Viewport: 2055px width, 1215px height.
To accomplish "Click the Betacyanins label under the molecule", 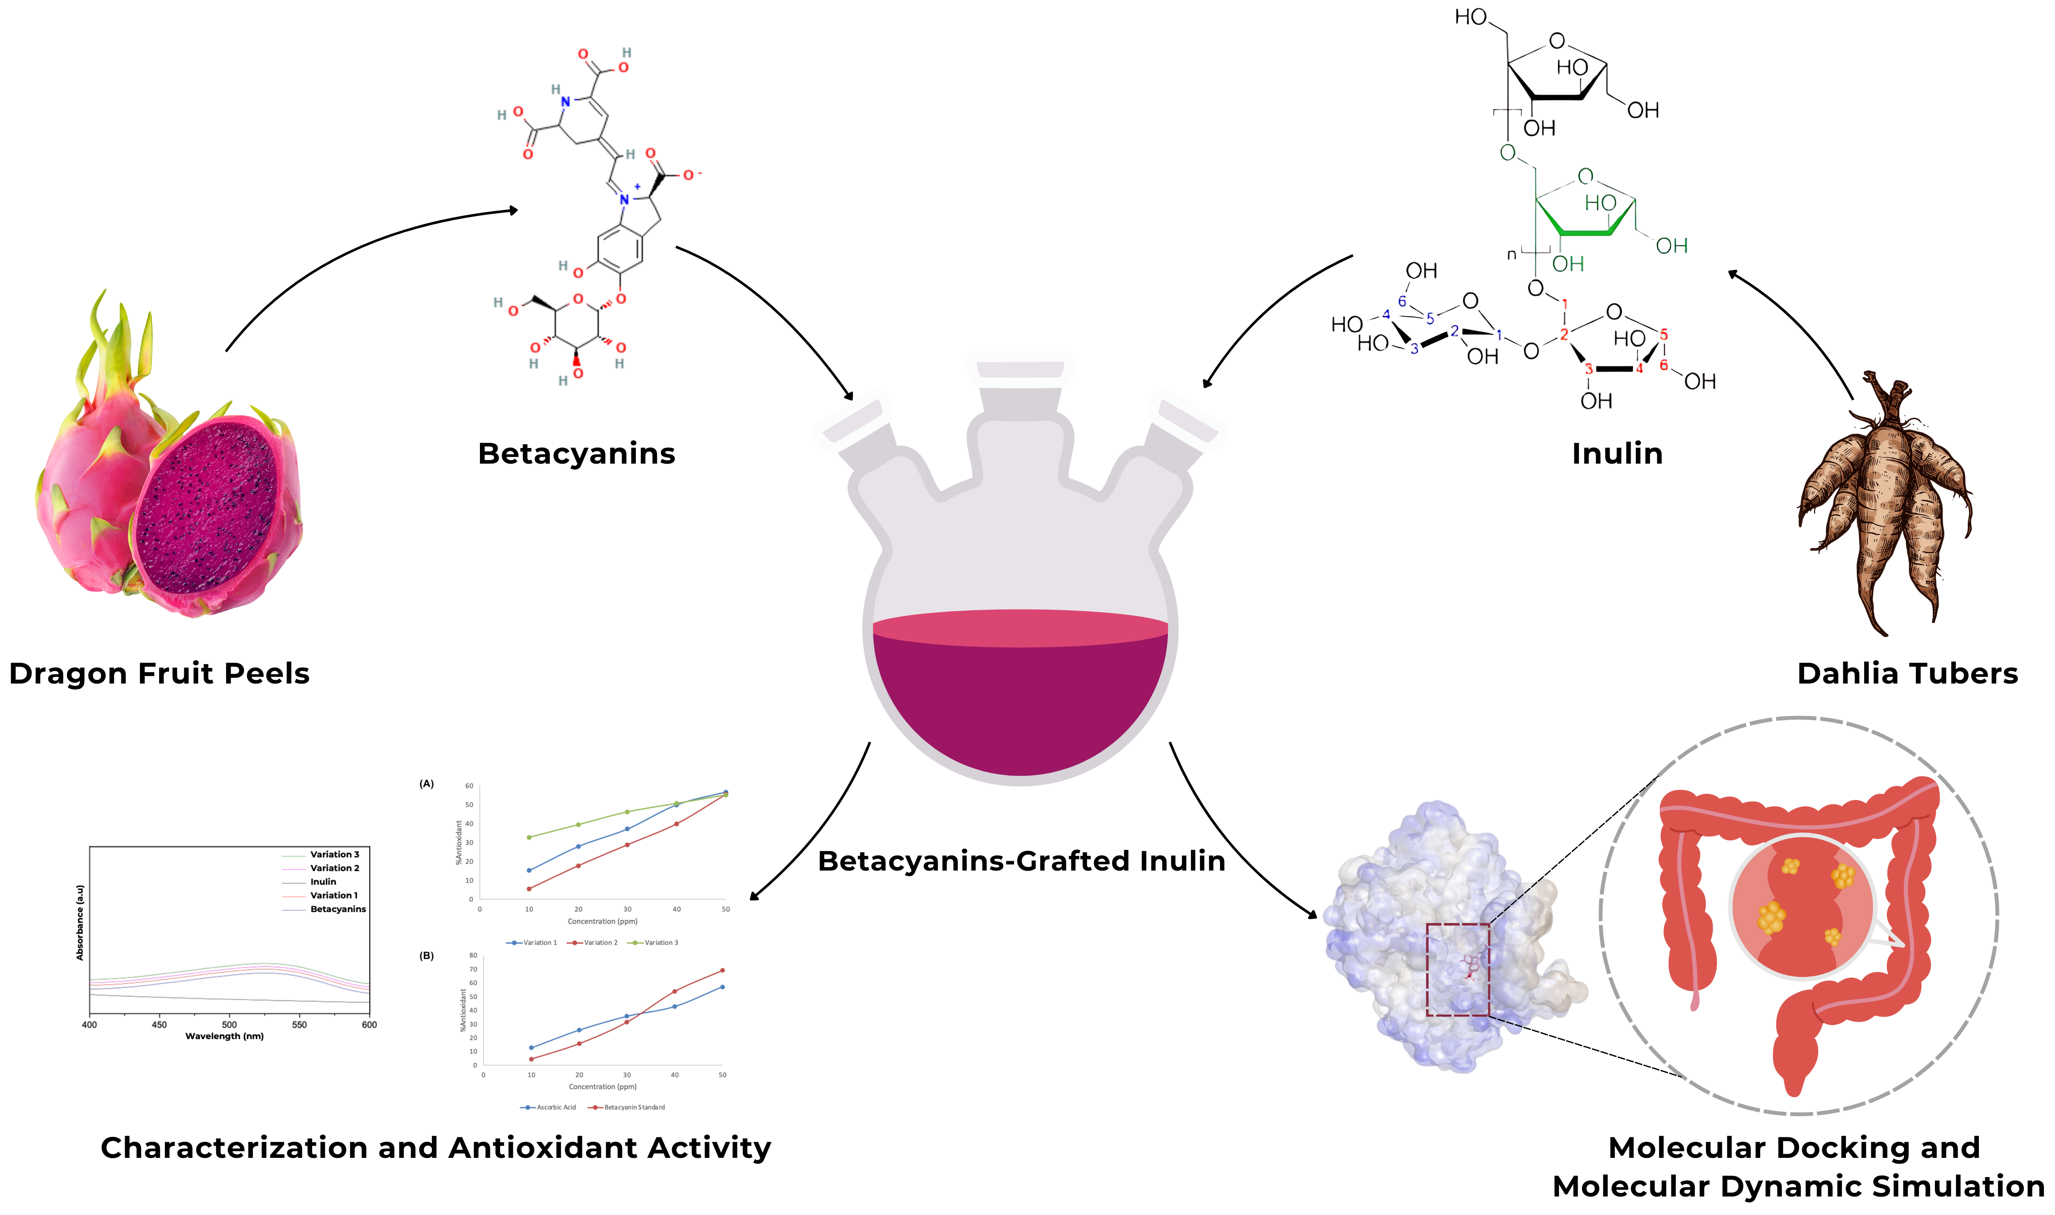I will (x=577, y=454).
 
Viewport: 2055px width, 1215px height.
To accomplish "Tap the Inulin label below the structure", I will (x=1617, y=454).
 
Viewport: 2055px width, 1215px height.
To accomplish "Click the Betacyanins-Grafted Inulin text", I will (x=1022, y=861).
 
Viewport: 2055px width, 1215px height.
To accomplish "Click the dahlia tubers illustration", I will (x=1884, y=499).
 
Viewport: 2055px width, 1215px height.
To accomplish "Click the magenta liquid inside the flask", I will (x=1020, y=704).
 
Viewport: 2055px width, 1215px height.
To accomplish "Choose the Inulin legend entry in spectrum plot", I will (x=323, y=882).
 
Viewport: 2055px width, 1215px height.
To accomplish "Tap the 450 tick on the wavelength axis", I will (x=160, y=1024).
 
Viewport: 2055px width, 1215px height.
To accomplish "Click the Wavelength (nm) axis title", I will (x=225, y=1037).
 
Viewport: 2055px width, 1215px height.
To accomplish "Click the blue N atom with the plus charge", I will (x=624, y=199).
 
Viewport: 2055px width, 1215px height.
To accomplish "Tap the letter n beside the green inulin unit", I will (x=1511, y=254).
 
